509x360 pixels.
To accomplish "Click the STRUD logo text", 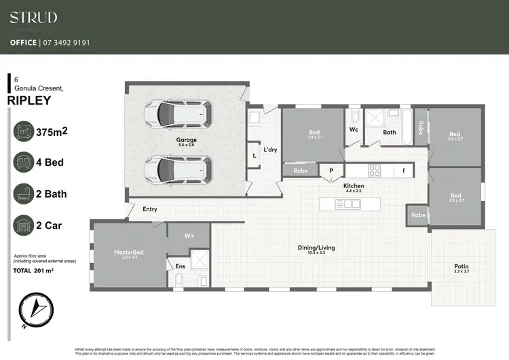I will point(33,18).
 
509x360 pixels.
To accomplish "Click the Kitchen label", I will point(354,185).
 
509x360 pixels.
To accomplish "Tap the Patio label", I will point(461,266).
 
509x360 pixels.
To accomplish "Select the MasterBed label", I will point(129,253).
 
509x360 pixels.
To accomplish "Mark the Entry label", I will point(150,209).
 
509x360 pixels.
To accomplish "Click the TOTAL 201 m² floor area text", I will point(33,270).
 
